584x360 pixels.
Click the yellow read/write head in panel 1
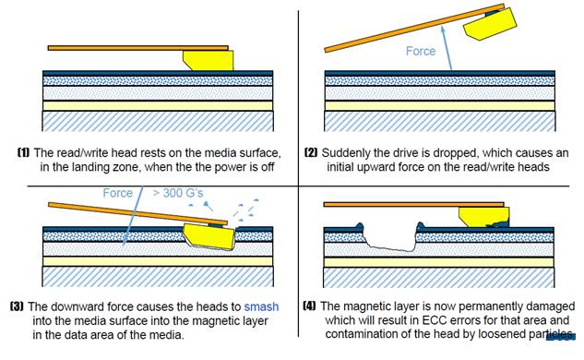(x=209, y=61)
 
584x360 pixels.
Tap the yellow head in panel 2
(x=490, y=24)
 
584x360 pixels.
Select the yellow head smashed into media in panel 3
(x=209, y=237)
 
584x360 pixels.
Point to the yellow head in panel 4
(x=483, y=216)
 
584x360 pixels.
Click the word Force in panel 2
(x=421, y=51)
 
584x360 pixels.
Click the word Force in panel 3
(x=118, y=193)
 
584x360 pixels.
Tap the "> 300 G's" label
(x=178, y=193)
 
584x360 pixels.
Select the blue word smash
(x=261, y=306)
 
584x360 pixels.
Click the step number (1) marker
(x=23, y=152)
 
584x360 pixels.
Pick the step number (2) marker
(x=311, y=152)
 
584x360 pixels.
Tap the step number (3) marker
(x=17, y=306)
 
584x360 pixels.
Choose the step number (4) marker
(x=309, y=306)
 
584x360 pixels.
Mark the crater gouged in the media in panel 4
(x=390, y=238)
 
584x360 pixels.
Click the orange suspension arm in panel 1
(x=137, y=48)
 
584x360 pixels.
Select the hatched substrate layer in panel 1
(x=158, y=121)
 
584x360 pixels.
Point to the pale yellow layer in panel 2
(x=440, y=105)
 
